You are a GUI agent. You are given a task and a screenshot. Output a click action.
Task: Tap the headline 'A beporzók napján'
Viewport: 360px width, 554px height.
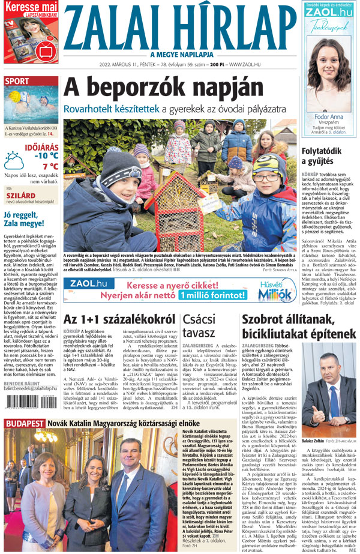point(148,89)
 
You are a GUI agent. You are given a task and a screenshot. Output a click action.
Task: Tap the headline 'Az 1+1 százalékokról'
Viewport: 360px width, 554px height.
point(119,319)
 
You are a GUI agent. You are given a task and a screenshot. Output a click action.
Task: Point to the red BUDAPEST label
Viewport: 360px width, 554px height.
point(24,440)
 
